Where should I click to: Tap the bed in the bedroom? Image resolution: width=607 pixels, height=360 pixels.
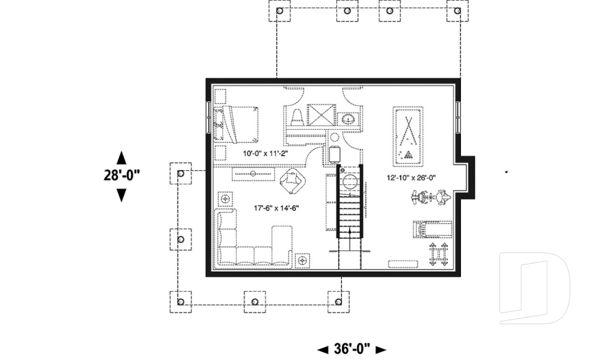click(x=240, y=123)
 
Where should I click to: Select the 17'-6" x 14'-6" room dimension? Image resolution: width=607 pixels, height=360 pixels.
click(x=276, y=208)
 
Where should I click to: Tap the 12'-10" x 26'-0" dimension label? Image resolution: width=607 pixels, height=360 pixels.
click(x=412, y=178)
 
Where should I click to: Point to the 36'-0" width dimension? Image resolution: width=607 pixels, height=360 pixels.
click(x=351, y=349)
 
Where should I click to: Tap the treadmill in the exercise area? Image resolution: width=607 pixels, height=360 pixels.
click(x=432, y=228)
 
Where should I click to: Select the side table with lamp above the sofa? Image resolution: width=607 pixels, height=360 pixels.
click(x=224, y=199)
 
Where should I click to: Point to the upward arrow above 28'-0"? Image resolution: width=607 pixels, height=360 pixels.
click(x=121, y=158)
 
